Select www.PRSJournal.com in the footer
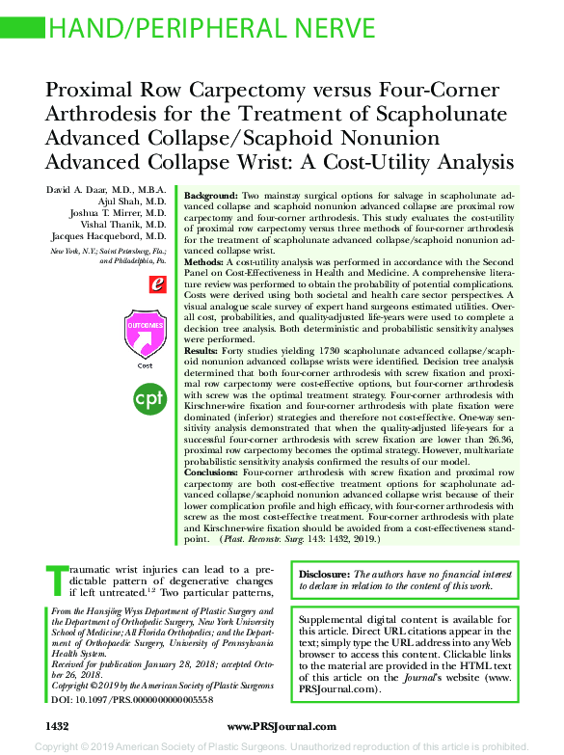(x=282, y=725)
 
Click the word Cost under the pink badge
(x=145, y=365)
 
